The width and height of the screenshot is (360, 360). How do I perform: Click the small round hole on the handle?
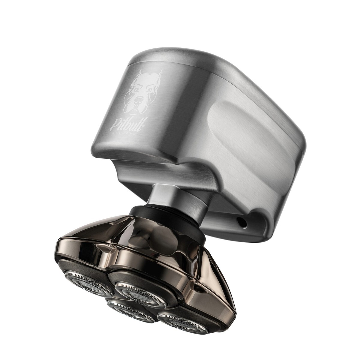point(242,221)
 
